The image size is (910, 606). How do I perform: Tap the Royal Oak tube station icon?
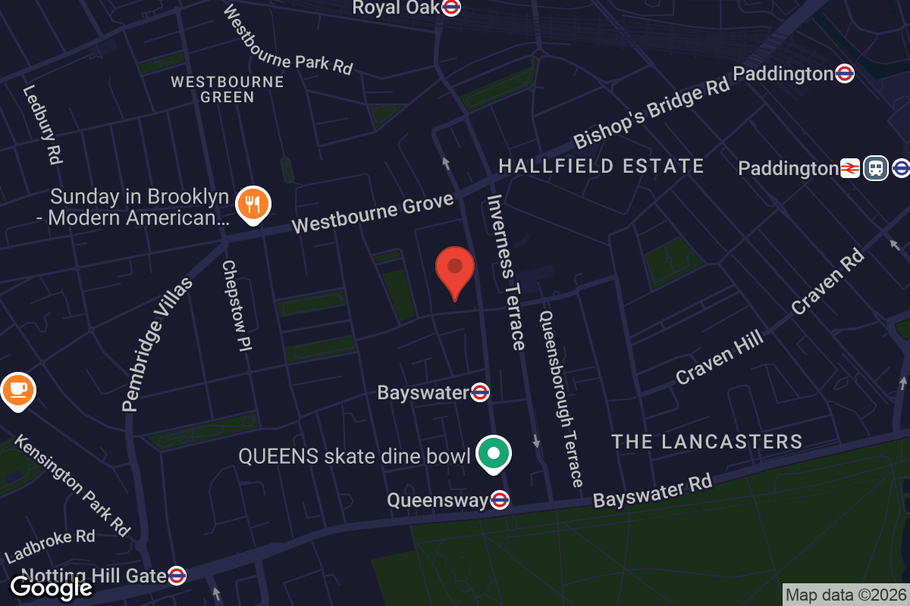point(452,8)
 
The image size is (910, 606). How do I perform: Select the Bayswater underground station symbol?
point(480,392)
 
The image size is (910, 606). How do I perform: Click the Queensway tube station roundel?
point(499,500)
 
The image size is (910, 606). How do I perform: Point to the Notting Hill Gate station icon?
point(177,576)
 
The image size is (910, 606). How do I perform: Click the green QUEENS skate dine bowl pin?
point(494,454)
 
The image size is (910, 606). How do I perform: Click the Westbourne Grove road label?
point(372,214)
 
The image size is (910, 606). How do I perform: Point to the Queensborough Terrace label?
point(560,398)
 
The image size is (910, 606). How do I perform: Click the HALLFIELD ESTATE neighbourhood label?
point(601,166)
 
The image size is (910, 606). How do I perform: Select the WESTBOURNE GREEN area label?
point(227,89)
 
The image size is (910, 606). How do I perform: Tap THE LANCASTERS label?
point(707,441)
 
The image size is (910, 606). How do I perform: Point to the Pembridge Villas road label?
point(158,345)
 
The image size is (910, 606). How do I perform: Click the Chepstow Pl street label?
point(237,306)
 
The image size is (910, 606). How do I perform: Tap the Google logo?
point(52,587)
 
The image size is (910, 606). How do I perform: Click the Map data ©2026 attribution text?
point(846,595)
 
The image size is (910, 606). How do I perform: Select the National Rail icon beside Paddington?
point(849,167)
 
